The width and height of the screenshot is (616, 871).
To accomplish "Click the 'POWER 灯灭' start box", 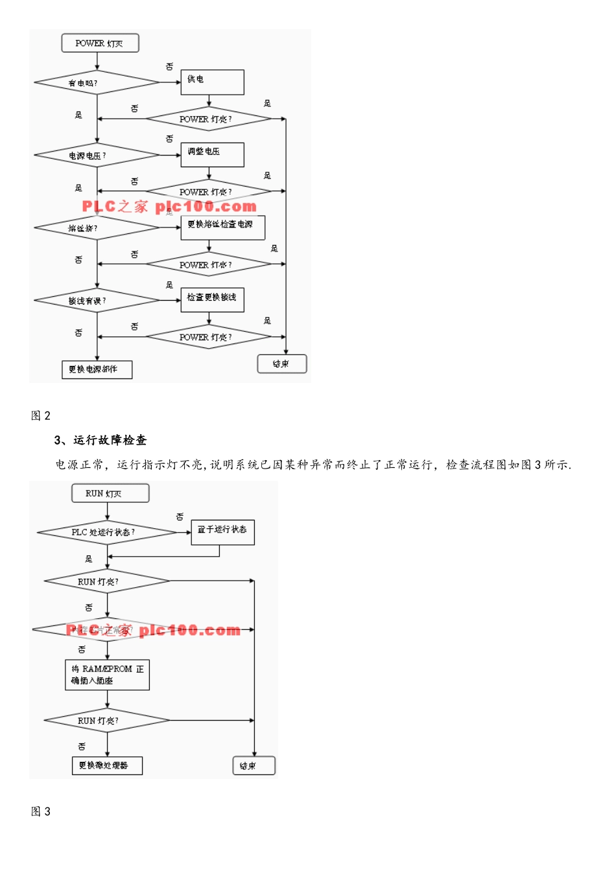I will click(100, 43).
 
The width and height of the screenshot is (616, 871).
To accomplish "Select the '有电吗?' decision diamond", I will click(97, 83).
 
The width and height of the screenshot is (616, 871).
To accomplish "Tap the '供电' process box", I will click(212, 82).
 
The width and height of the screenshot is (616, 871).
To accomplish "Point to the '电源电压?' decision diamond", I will click(97, 156).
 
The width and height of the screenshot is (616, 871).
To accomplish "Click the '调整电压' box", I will click(212, 154).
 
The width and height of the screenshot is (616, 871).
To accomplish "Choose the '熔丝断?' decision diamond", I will click(97, 228).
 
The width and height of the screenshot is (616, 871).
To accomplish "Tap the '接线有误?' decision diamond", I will click(97, 301).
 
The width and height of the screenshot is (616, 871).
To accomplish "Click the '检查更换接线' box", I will click(212, 299).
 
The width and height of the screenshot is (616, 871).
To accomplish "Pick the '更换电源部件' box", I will click(97, 369).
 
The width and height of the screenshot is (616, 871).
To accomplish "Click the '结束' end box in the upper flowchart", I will click(281, 364).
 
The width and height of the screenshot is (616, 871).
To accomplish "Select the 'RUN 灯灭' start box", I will click(110, 493).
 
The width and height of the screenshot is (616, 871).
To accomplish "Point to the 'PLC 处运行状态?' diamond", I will click(107, 532).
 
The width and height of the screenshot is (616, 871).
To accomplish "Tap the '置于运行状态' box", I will click(222, 531).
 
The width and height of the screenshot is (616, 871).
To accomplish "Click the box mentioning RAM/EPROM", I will click(107, 675).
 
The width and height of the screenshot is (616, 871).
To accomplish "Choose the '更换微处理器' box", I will click(107, 765).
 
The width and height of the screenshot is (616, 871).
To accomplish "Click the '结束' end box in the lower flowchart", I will click(254, 765).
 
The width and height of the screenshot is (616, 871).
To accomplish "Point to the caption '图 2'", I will click(41, 415).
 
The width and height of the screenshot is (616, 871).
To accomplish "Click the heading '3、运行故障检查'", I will click(101, 440).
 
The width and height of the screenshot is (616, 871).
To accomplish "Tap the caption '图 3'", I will click(41, 811).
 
